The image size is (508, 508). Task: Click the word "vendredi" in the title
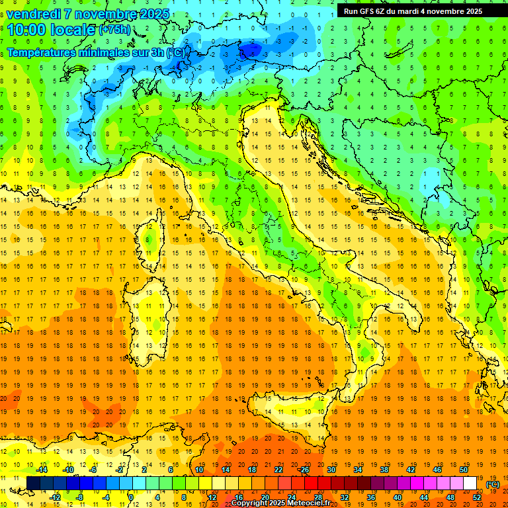click(x=35, y=14)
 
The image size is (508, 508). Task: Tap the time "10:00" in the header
click(x=27, y=30)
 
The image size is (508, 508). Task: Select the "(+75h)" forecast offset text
click(x=114, y=30)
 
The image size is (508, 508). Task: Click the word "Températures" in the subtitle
click(x=42, y=52)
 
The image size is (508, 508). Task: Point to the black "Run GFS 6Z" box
click(x=413, y=11)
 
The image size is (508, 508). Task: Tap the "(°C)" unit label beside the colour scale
click(x=493, y=484)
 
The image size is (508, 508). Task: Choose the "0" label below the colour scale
click(x=131, y=497)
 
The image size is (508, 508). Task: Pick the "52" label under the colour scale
click(x=477, y=497)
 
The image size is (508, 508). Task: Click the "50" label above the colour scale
click(x=464, y=470)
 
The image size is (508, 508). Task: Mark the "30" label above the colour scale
click(x=331, y=470)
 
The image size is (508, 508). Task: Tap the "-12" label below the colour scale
click(x=55, y=497)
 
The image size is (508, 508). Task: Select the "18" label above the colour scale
click(x=251, y=470)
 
